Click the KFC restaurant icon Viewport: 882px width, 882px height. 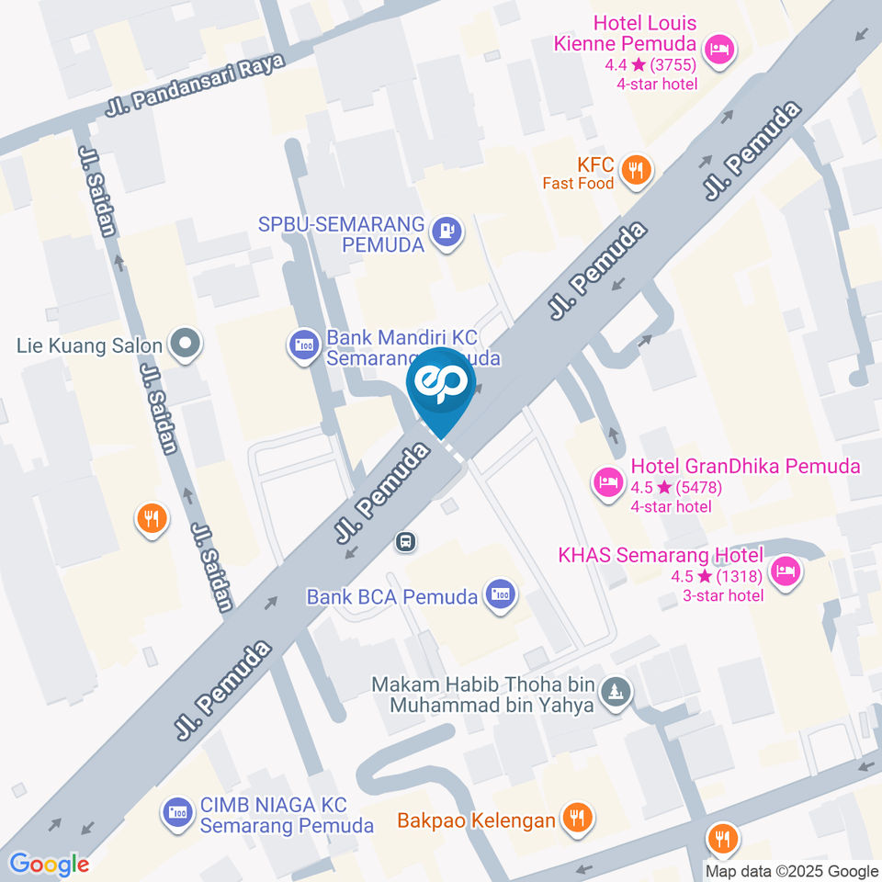(x=635, y=170)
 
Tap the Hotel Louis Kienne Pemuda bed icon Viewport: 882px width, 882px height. (x=719, y=49)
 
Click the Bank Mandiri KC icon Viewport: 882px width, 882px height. (x=302, y=346)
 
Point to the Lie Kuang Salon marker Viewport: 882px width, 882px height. (x=186, y=345)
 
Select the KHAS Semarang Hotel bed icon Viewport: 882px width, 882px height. (x=786, y=571)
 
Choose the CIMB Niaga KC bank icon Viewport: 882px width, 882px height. (x=176, y=812)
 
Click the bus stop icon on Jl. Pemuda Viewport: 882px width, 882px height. (x=404, y=542)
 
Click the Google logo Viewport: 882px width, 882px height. (x=50, y=865)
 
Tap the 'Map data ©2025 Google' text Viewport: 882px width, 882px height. (x=792, y=871)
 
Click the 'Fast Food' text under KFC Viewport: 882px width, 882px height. (x=578, y=184)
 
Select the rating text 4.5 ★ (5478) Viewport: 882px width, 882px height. (x=671, y=488)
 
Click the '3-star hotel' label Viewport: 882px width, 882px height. (x=723, y=595)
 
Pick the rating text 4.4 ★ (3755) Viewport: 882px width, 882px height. (x=650, y=65)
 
